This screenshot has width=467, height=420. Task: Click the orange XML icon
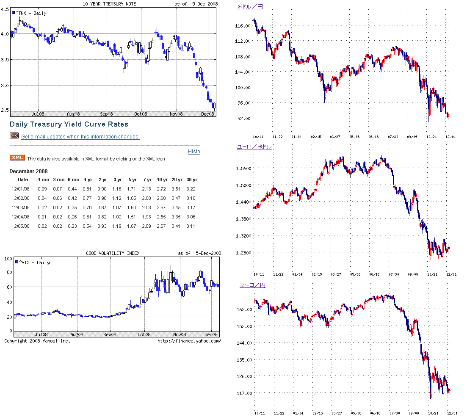17,158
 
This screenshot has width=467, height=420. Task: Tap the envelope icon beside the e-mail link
14,136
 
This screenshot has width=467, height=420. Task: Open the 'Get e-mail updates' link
80,137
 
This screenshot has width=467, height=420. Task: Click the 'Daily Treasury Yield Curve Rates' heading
69,124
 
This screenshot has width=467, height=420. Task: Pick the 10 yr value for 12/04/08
162,217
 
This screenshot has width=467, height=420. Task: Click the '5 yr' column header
132,180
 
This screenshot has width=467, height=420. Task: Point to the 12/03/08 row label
20,207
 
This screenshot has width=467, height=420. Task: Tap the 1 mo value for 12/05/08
42,226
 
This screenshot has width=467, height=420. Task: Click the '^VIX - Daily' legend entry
34,262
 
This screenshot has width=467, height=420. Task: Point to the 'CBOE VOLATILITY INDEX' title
112,253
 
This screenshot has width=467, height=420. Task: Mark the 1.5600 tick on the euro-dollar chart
243,169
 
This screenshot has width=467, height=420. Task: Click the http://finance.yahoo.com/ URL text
189,341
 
